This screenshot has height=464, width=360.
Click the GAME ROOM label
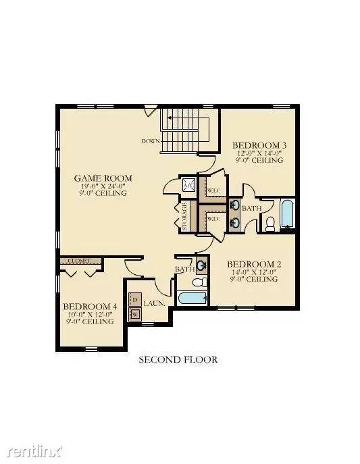pyautogui.click(x=103, y=178)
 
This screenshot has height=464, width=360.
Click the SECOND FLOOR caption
pyautogui.click(x=178, y=360)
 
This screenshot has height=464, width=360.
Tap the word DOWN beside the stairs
pyautogui.click(x=150, y=141)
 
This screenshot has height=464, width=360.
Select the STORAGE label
pyautogui.click(x=184, y=217)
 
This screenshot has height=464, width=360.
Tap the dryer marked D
pyautogui.click(x=134, y=299)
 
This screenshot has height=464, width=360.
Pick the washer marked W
pyautogui.click(x=134, y=313)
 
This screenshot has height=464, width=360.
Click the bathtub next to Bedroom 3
pyautogui.click(x=286, y=213)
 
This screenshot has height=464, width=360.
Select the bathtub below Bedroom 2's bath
pyautogui.click(x=192, y=299)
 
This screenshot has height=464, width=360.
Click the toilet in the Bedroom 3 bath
pyautogui.click(x=270, y=224)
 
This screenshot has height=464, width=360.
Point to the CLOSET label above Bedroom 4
pyautogui.click(x=80, y=261)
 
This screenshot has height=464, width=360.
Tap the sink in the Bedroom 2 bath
pyautogui.click(x=201, y=264)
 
